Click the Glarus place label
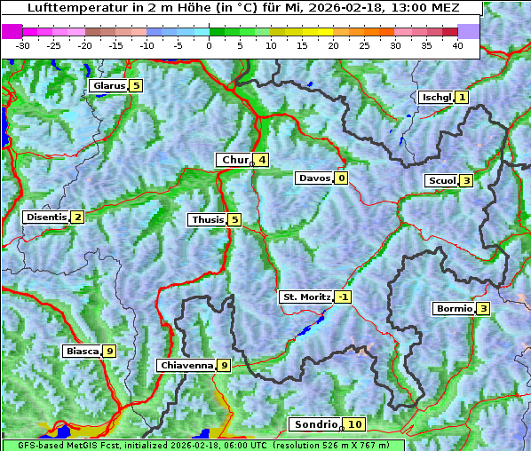pyautogui.click(x=107, y=86)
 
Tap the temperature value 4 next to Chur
pyautogui.click(x=262, y=160)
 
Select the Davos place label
pyautogui.click(x=314, y=178)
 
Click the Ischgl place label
pyautogui.click(x=436, y=97)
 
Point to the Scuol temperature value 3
pyautogui.click(x=466, y=181)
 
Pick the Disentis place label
pyautogui.click(x=46, y=218)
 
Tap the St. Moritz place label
pyautogui.click(x=305, y=297)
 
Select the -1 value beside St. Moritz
pyautogui.click(x=343, y=297)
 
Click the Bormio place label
pyautogui.click(x=453, y=309)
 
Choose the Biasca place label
pyautogui.click(x=82, y=352)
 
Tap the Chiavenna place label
pyautogui.click(x=186, y=365)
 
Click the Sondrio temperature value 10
pyautogui.click(x=354, y=424)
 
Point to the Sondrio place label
pyautogui.click(x=315, y=424)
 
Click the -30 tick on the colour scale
pyautogui.click(x=23, y=45)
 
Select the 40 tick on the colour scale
pyautogui.click(x=457, y=45)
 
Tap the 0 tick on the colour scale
pyautogui.click(x=210, y=45)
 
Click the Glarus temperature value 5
pyautogui.click(x=135, y=86)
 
